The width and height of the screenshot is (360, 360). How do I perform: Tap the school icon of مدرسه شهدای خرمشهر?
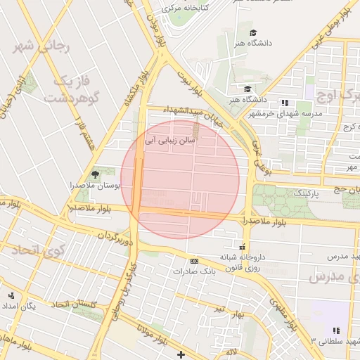(x=285, y=103)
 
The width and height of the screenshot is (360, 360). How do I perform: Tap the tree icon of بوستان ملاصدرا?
(x=96, y=174)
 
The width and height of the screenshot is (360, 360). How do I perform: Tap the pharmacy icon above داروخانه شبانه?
(x=243, y=247)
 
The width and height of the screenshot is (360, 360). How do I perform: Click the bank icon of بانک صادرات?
(x=195, y=261)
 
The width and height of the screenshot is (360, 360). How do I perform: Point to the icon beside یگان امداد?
(x=11, y=295)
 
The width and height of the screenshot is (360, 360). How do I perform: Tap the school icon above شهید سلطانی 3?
(x=336, y=330)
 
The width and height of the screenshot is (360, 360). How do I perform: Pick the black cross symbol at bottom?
(x=181, y=354)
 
